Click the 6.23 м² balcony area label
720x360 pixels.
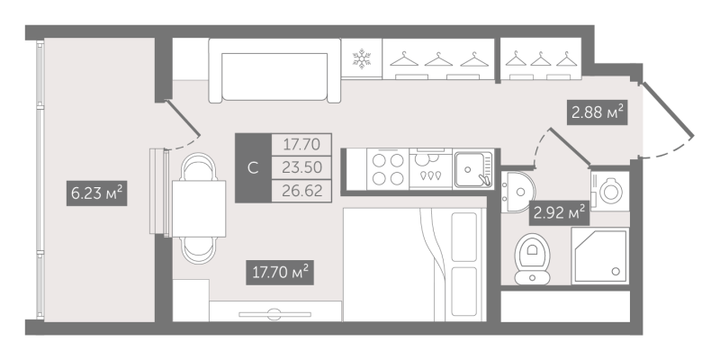click(97, 193)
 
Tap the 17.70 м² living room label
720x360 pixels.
click(280, 273)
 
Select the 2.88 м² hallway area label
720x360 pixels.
click(598, 112)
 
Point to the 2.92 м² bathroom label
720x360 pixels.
click(559, 213)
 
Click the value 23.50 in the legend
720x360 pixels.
click(301, 167)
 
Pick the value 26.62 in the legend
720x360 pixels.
click(301, 190)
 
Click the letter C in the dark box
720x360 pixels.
click(253, 168)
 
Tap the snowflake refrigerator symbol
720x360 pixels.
click(362, 59)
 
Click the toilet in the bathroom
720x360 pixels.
click(532, 258)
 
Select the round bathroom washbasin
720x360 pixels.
click(518, 192)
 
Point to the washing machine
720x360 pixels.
click(610, 192)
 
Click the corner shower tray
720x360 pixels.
click(599, 256)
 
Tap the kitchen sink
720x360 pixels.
click(473, 170)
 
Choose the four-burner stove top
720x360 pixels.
click(388, 169)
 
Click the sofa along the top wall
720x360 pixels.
click(274, 70)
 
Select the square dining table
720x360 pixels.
click(199, 209)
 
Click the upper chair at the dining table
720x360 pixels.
click(199, 166)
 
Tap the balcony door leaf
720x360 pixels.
click(183, 118)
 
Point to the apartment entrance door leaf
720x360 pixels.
click(668, 110)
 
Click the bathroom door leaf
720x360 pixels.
click(570, 147)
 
